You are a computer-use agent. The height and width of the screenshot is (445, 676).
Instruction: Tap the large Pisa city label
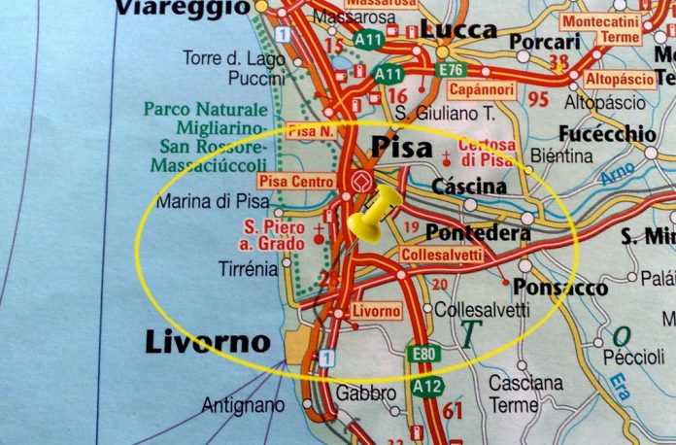(400, 147)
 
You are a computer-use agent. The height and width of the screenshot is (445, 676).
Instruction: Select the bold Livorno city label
(207, 342)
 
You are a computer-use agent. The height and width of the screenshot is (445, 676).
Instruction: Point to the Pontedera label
(478, 234)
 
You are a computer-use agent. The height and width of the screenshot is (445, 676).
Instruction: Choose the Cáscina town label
(470, 186)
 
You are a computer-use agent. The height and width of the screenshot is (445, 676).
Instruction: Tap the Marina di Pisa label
(213, 202)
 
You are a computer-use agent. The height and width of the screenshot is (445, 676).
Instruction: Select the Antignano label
(243, 404)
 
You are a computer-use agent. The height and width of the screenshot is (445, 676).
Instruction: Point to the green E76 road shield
(451, 69)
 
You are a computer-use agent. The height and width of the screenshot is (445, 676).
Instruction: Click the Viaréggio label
(182, 9)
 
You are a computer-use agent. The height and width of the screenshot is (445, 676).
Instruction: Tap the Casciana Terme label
(525, 394)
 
